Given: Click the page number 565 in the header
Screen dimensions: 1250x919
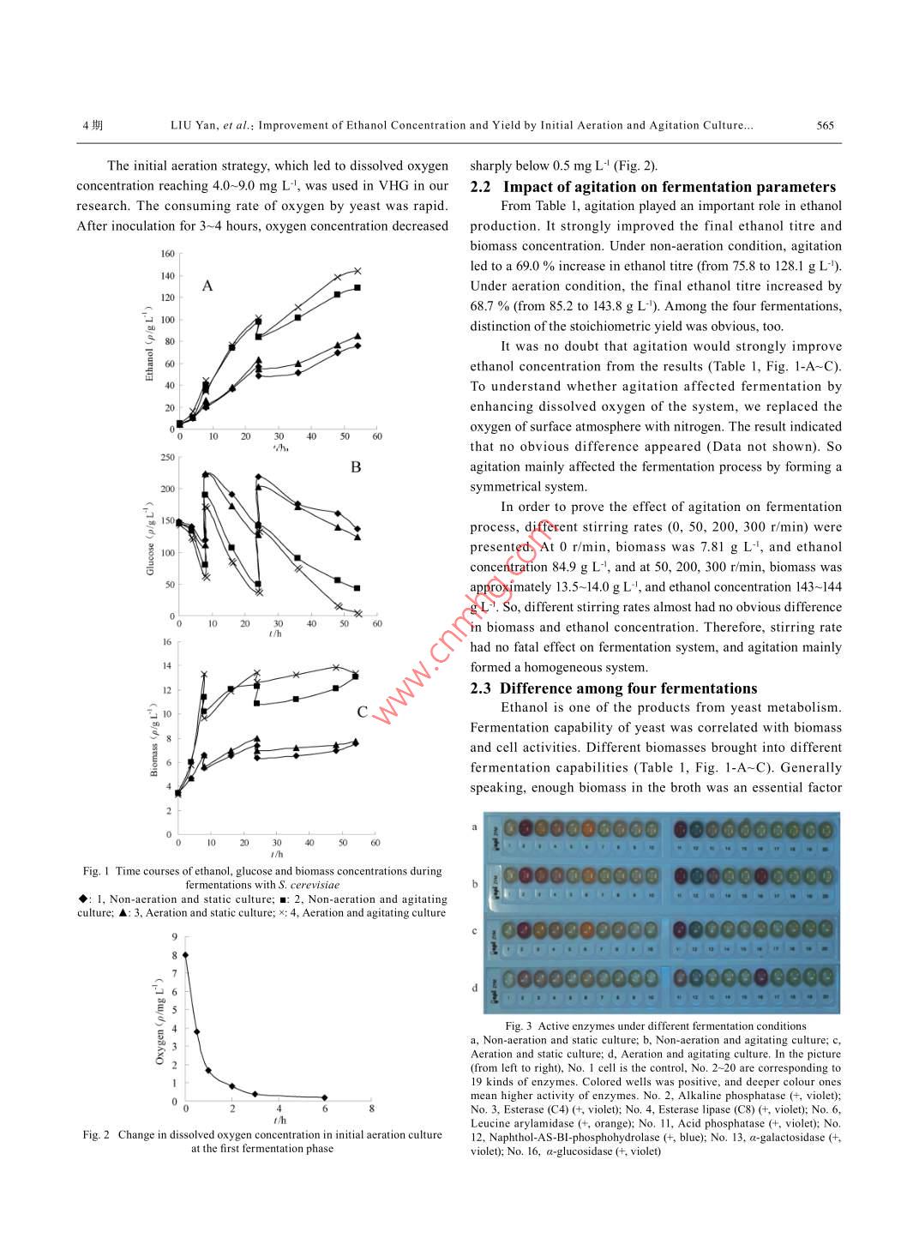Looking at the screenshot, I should tap(825, 125).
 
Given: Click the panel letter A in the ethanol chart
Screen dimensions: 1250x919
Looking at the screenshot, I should tap(207, 285).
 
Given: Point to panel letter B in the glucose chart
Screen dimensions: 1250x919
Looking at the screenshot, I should tap(356, 467).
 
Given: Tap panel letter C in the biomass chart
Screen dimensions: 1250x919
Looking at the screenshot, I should tap(363, 712).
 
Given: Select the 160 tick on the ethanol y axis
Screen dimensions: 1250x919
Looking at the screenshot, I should tap(167, 254).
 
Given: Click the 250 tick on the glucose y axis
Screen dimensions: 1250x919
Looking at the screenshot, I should tap(167, 457).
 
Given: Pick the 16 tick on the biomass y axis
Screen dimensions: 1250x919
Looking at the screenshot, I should tap(167, 642).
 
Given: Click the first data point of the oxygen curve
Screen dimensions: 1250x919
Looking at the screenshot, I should tap(185, 955).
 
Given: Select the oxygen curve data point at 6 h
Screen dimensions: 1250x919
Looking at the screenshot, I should tap(324, 1097).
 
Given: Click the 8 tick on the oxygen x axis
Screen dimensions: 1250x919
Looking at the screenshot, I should tap(371, 1109).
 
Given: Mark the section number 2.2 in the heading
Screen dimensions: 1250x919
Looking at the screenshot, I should tap(480, 187).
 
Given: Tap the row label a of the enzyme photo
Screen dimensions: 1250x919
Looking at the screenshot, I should tap(474, 826).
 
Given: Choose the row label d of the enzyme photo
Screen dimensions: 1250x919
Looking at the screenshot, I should tap(474, 988).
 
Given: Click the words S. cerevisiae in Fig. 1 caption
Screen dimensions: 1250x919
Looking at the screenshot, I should tap(309, 885).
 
